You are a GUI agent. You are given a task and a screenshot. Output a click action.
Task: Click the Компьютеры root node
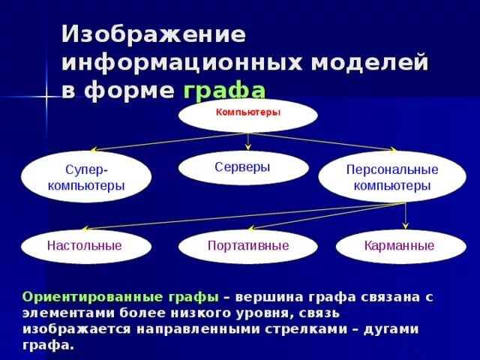(x=247, y=114)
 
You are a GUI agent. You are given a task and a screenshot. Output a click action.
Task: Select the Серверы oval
(x=243, y=168)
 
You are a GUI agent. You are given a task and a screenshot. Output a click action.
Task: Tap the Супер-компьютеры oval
(x=86, y=177)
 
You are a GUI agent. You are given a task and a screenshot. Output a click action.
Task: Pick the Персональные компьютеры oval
(x=391, y=177)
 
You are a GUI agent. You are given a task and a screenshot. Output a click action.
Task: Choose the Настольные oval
(x=84, y=245)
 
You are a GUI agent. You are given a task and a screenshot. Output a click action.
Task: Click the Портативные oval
(x=247, y=246)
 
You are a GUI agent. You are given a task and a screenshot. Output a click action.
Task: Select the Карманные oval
(x=399, y=245)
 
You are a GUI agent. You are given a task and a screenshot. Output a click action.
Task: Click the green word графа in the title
(x=223, y=90)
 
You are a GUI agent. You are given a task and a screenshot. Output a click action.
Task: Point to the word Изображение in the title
(x=153, y=35)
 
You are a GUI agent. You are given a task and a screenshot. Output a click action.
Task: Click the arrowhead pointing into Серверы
(x=247, y=148)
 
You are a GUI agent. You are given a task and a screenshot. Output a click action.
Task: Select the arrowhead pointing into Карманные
(x=406, y=225)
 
